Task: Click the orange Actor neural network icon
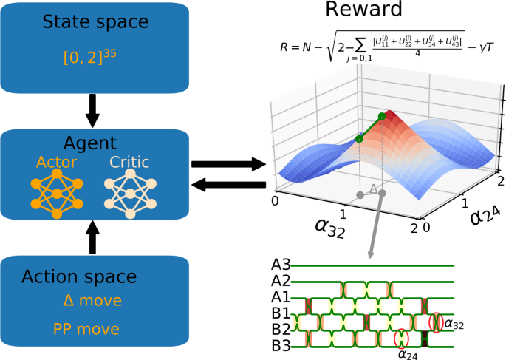(56, 194)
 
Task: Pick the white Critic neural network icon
(130, 194)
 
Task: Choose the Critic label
(130, 162)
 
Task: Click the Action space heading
(79, 277)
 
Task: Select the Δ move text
(92, 301)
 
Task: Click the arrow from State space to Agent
(92, 111)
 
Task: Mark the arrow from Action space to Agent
(92, 237)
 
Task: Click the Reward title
(364, 10)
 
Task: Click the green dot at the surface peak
(381, 116)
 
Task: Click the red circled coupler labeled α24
(401, 338)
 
